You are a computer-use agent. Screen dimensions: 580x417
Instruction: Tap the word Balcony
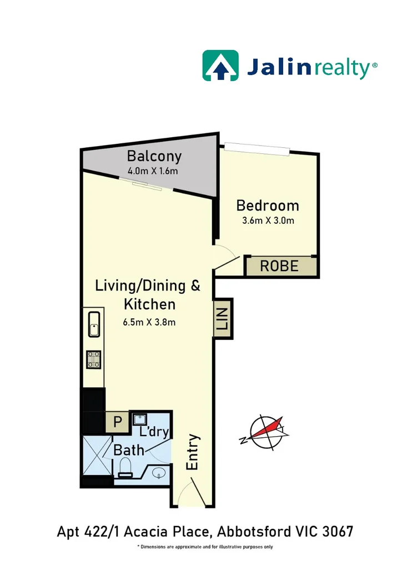click(x=154, y=156)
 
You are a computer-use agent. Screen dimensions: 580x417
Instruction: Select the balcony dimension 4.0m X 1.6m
click(x=153, y=171)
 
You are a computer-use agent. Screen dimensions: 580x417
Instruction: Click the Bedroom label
click(x=268, y=206)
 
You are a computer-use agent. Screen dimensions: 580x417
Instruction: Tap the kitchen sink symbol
click(x=93, y=324)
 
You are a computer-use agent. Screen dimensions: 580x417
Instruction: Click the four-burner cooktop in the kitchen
click(x=93, y=359)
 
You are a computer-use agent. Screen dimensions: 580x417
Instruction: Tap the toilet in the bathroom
click(x=125, y=467)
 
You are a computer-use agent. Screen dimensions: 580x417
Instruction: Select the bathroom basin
click(x=159, y=473)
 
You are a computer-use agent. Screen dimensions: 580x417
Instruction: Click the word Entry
click(x=193, y=452)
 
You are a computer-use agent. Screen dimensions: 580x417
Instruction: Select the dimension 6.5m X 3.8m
click(x=150, y=322)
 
